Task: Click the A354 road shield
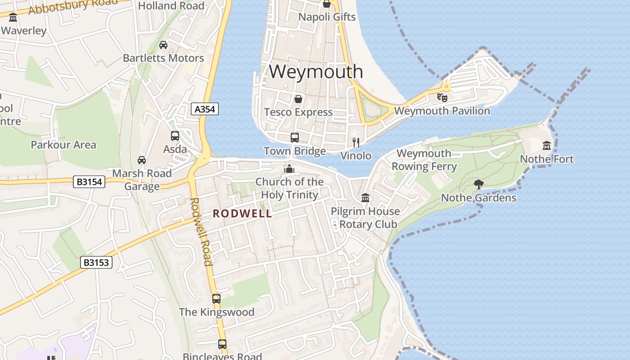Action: [205, 109]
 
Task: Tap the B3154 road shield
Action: [89, 182]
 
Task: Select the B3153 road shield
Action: [96, 262]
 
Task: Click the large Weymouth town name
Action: [316, 72]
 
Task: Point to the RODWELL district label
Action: [243, 214]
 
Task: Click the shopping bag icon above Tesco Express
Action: [298, 99]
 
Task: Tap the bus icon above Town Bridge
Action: [295, 138]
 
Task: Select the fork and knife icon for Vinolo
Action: [356, 143]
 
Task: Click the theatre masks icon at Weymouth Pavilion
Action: [442, 97]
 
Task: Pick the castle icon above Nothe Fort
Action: [547, 146]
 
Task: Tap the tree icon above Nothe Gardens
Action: [479, 184]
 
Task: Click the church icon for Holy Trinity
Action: [289, 169]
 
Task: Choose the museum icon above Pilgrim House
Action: [365, 198]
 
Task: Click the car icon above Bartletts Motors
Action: [163, 45]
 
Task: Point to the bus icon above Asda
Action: [175, 136]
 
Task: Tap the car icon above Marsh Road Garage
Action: [142, 160]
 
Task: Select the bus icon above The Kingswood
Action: [216, 298]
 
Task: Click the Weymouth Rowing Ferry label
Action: [424, 160]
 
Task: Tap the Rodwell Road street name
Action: [201, 232]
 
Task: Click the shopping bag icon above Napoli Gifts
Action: [327, 4]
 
